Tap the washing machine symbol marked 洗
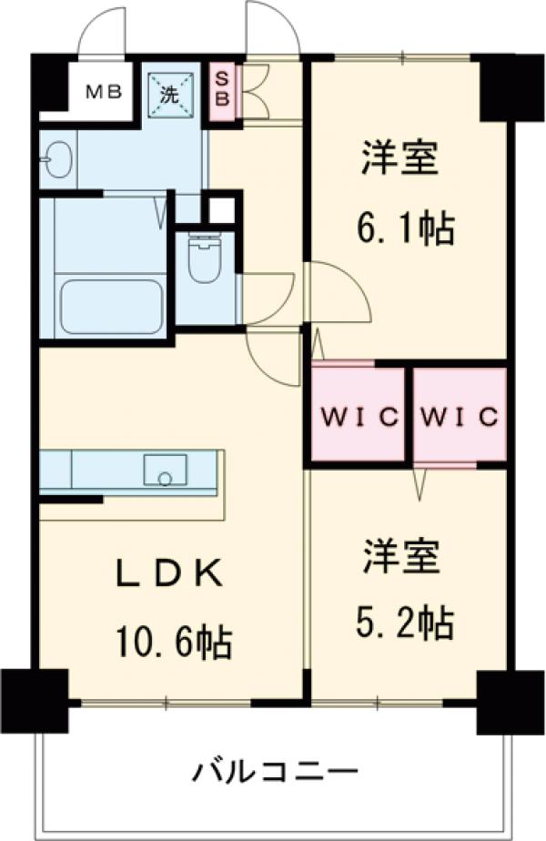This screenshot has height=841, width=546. [x=170, y=92]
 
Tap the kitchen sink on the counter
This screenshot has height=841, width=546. [x=165, y=471]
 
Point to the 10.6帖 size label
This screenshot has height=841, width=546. [x=172, y=643]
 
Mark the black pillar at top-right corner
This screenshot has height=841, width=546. [x=505, y=87]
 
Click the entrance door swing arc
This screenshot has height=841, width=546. [x=273, y=27]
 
